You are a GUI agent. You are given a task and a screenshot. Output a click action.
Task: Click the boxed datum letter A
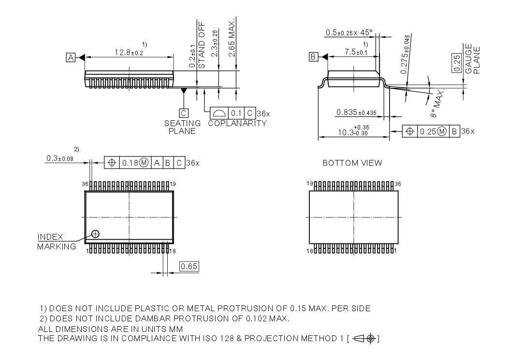point(71,58)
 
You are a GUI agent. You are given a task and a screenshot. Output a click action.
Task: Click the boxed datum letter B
point(314,57)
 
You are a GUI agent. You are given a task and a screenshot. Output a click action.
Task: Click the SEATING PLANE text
point(182,127)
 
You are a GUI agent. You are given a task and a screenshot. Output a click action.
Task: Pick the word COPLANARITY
point(237,123)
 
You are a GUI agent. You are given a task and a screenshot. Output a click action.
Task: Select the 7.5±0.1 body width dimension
point(356,52)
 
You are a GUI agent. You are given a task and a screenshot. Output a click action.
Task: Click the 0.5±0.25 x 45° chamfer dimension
point(349,33)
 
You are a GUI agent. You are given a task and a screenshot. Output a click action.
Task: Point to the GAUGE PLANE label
point(472,60)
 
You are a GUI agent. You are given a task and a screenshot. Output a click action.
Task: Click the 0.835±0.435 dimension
point(356,113)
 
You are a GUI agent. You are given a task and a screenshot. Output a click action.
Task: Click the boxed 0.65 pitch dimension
point(189,266)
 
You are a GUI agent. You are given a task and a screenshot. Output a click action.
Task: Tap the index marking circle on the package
point(95,234)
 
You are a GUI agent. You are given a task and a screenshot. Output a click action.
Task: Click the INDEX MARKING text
point(56,242)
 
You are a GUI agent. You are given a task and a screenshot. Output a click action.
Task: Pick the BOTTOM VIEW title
point(352,163)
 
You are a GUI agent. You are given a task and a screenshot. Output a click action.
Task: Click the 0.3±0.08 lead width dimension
point(63,158)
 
